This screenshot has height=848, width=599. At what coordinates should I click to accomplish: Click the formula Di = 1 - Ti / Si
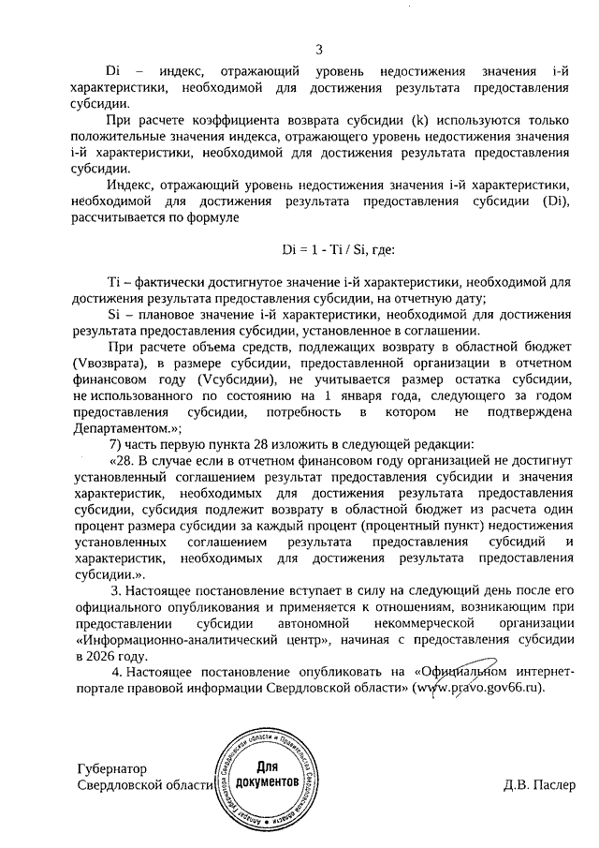click(x=327, y=250)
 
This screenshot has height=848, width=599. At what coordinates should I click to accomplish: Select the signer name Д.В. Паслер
click(x=540, y=784)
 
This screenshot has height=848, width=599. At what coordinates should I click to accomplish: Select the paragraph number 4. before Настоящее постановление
click(x=116, y=671)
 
